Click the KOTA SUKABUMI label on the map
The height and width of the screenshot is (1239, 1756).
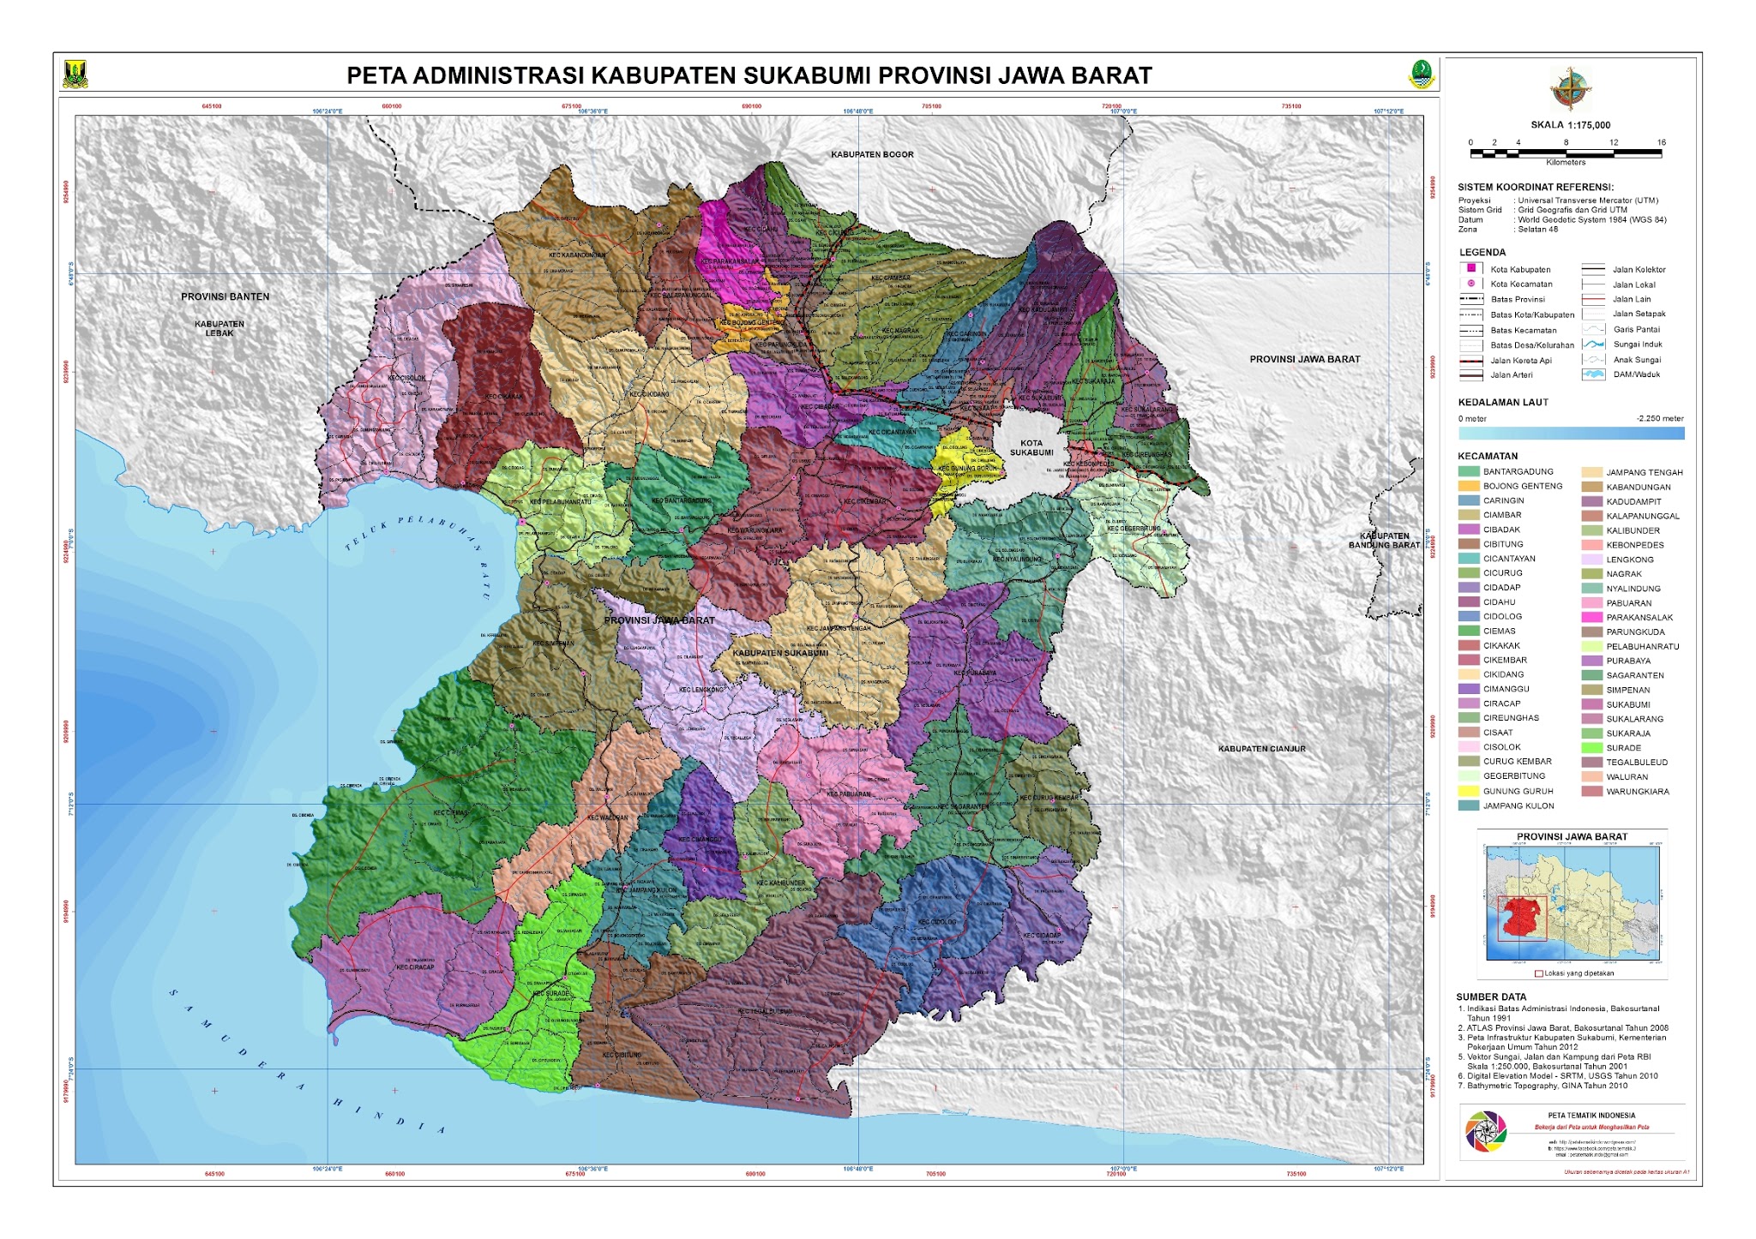pos(1031,448)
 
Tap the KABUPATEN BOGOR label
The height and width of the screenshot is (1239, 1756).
pos(872,155)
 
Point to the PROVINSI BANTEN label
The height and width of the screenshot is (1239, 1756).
pos(225,296)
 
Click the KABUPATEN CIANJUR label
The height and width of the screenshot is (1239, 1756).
pos(1261,749)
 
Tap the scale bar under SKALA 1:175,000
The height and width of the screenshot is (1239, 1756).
pos(1566,153)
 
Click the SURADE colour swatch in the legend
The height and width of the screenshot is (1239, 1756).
pos(1592,748)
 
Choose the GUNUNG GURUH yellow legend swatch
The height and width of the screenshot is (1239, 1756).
pos(1469,791)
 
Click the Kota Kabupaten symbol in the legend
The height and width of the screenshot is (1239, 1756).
pos(1471,269)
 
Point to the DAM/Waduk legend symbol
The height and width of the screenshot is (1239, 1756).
pos(1593,374)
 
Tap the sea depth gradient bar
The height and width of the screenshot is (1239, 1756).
pos(1571,434)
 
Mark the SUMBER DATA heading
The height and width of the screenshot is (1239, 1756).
pos(1490,997)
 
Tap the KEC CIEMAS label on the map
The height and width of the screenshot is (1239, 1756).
pos(451,813)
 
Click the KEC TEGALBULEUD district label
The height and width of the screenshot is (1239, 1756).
pos(765,1011)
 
